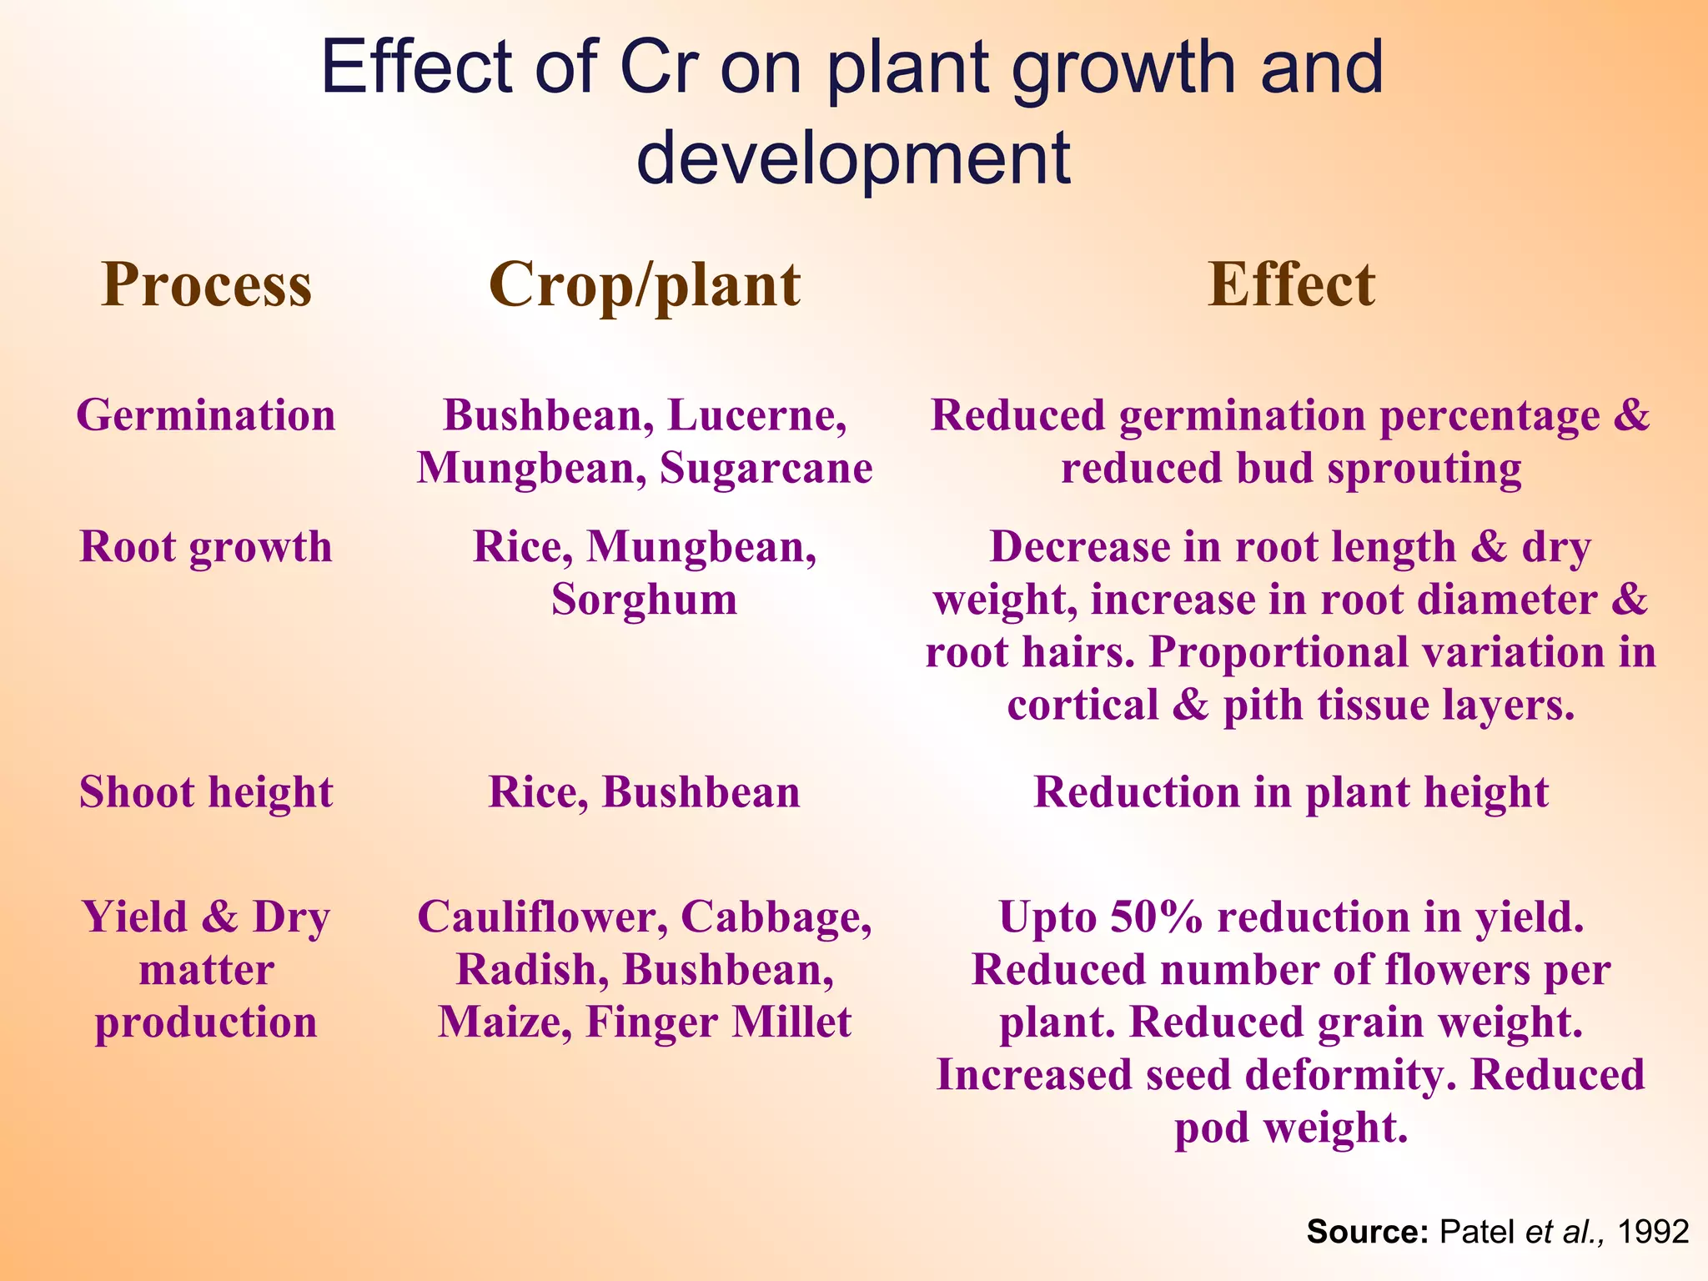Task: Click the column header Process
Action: click(x=206, y=285)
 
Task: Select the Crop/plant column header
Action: click(x=644, y=285)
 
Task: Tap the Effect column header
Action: click(x=1291, y=285)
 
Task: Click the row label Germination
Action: click(x=206, y=414)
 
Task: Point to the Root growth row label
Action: click(x=206, y=547)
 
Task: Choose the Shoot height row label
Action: click(x=206, y=791)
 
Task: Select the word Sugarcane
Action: click(x=766, y=468)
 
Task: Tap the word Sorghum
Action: click(x=644, y=600)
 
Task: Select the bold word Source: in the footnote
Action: click(x=1368, y=1231)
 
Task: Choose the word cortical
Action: click(x=1082, y=705)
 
